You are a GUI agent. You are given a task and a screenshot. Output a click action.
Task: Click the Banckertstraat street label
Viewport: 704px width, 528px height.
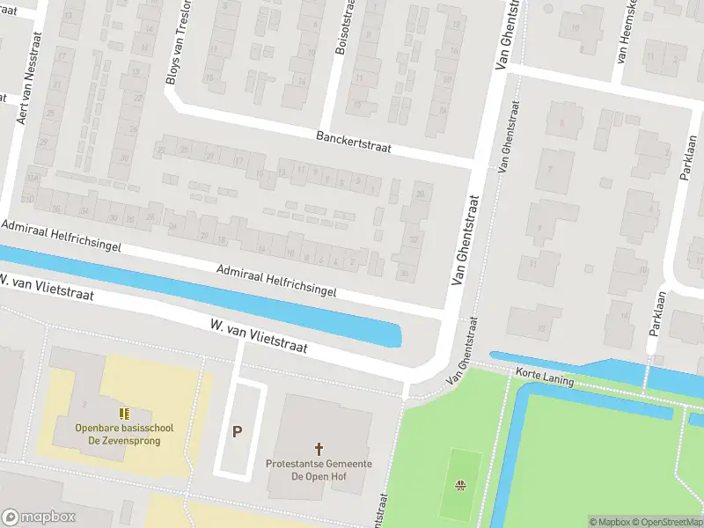coord(353,140)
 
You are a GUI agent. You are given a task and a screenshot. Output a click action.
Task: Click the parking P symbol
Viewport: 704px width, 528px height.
coord(237,431)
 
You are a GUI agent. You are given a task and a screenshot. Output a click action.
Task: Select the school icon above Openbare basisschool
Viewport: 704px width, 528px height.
coord(124,414)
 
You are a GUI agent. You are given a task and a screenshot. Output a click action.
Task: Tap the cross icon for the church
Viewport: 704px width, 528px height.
coord(319,449)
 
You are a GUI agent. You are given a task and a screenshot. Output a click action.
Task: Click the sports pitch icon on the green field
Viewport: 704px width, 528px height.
coord(460,484)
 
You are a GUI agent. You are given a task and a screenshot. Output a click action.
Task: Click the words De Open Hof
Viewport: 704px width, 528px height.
coord(319,476)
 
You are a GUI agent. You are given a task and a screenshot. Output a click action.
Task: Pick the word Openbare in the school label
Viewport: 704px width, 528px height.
coord(96,429)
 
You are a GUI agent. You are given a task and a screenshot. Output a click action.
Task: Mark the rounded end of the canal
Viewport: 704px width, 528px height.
coord(397,336)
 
